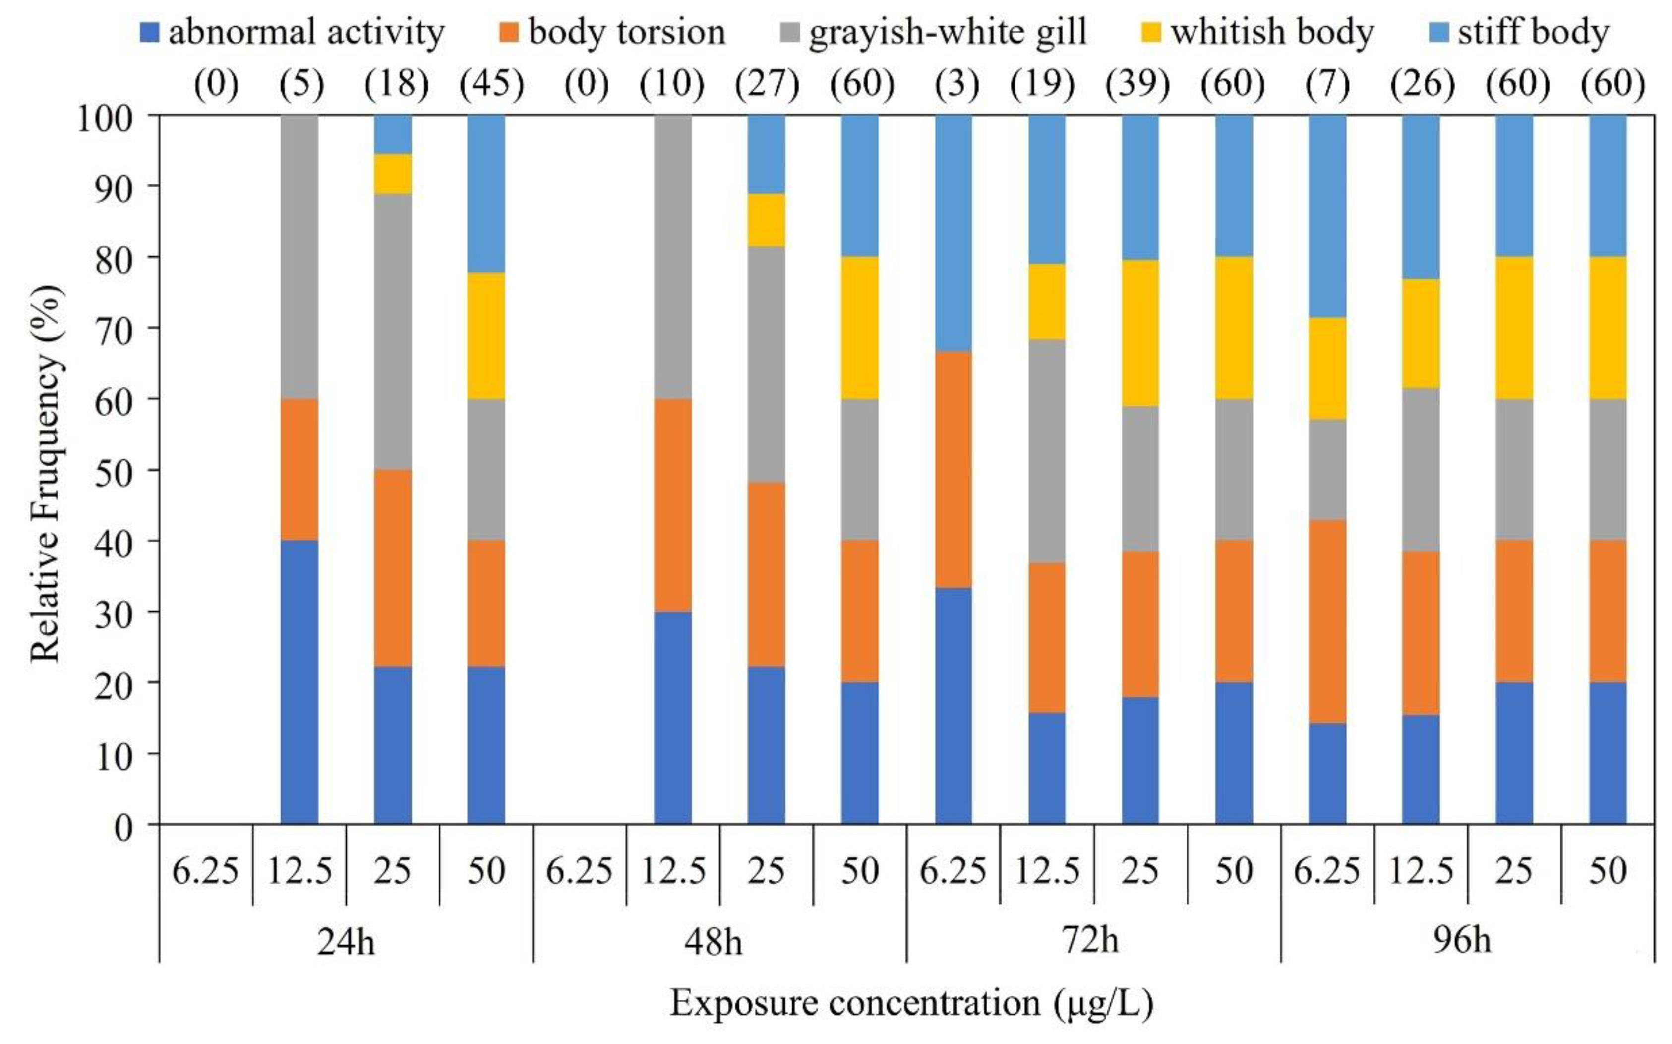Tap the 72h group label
pos(1090,940)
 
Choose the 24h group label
pos(346,940)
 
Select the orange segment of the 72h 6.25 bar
pos(954,470)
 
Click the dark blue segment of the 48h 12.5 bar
pos(673,718)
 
